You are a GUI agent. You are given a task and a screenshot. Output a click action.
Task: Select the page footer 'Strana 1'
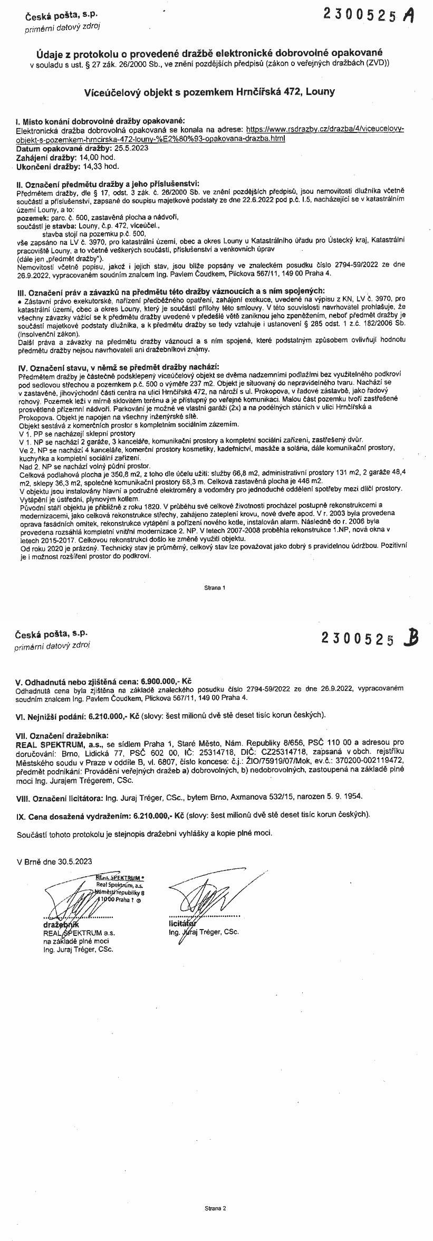point(215,587)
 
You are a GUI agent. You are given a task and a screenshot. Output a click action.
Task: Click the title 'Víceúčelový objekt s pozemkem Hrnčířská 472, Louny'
point(210,92)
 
